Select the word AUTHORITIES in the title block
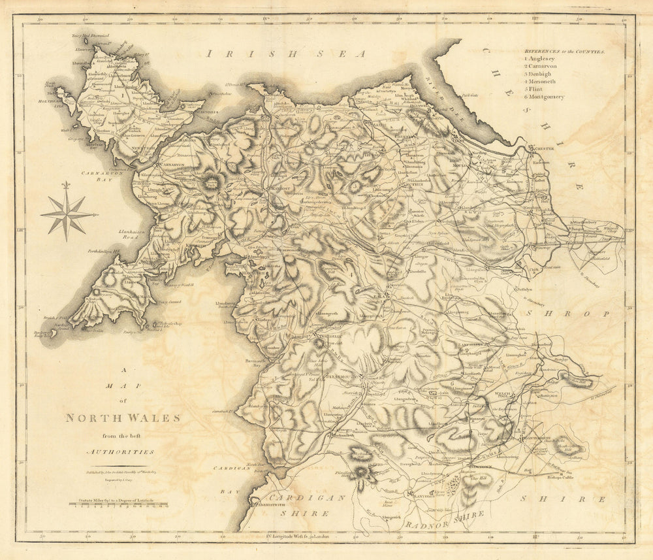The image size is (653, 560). coord(121,452)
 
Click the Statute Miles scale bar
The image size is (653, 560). coord(121,505)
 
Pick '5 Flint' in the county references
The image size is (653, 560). coord(535,90)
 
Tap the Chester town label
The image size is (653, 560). coord(545,149)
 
